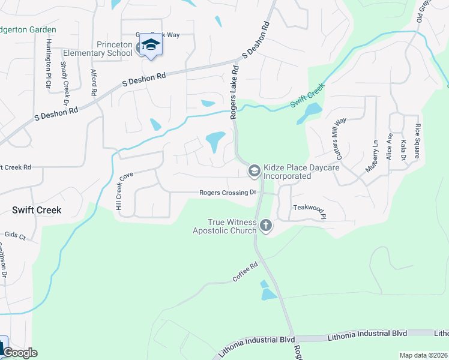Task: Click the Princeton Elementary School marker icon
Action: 150,46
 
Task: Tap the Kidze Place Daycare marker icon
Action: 254,172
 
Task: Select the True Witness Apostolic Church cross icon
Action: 265,226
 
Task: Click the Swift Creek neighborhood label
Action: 37,210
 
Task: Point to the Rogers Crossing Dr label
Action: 228,193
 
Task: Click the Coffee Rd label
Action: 245,272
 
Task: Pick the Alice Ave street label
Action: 390,145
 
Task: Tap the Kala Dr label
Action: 403,150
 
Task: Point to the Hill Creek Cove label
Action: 124,187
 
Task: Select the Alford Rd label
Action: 94,83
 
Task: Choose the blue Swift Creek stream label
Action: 307,95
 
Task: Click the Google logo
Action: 19,353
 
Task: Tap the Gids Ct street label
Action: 16,237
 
